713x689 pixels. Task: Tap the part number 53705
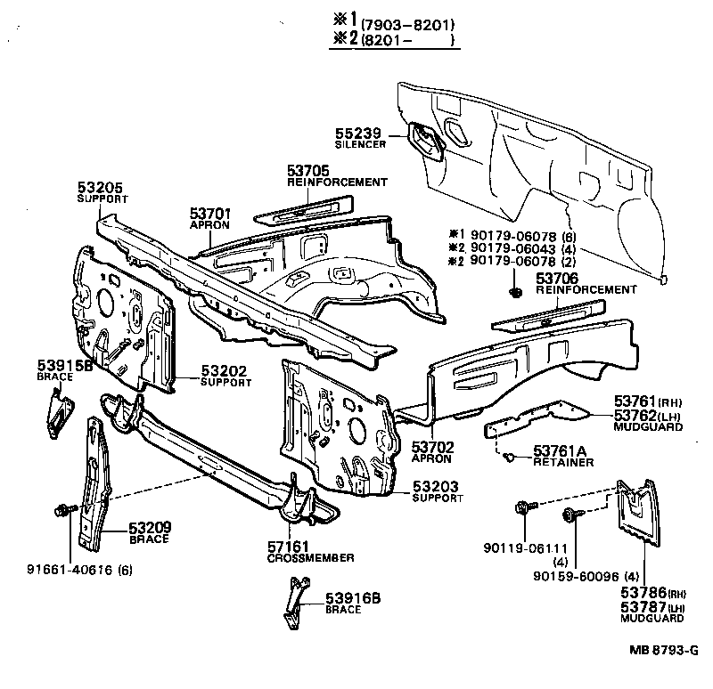[308, 171]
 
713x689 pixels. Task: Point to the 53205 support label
[100, 187]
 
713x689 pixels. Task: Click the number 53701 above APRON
[210, 214]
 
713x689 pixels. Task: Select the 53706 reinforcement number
[557, 279]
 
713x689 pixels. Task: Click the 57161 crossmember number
[288, 547]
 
